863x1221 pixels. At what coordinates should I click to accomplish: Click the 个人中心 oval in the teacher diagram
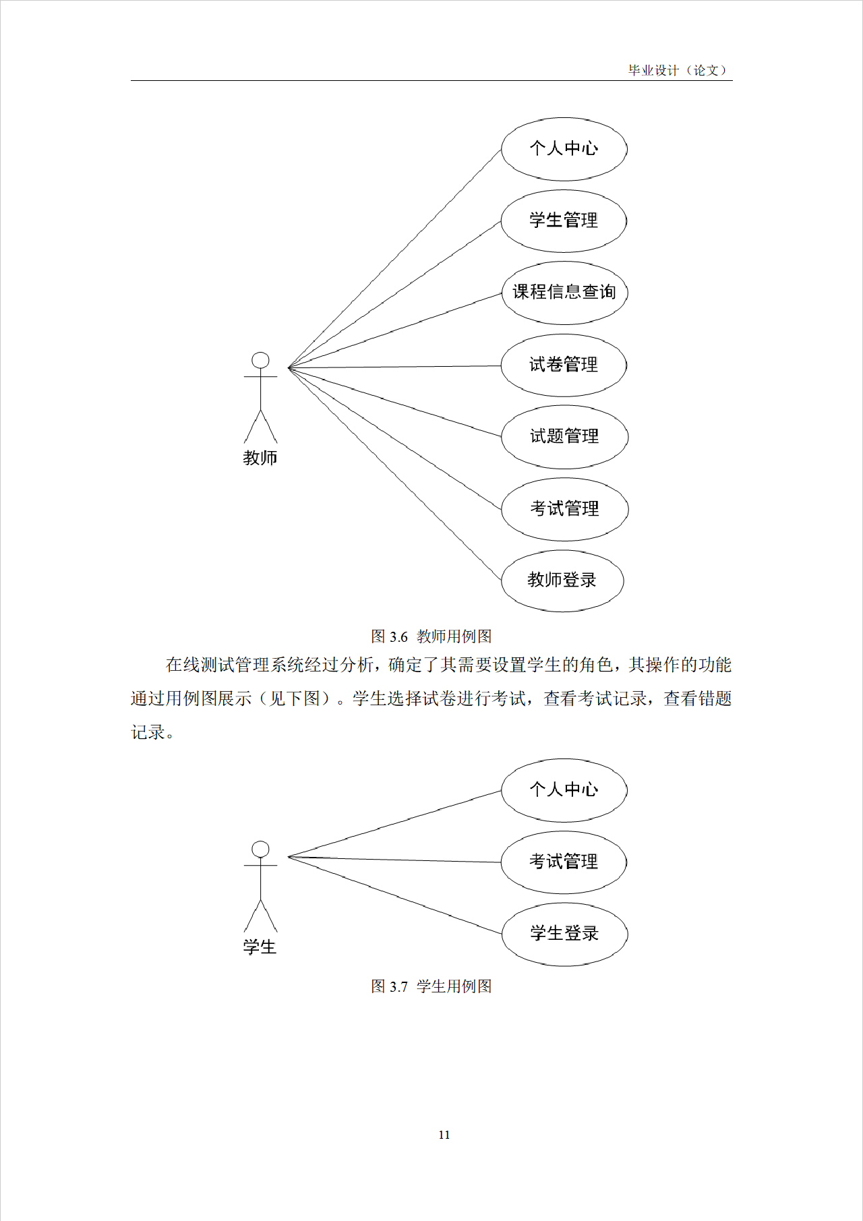564,149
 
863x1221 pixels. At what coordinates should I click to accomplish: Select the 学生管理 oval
564,221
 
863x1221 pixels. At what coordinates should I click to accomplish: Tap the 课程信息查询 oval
564,293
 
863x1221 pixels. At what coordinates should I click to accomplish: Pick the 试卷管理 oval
564,365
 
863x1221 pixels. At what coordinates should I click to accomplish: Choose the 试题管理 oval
564,437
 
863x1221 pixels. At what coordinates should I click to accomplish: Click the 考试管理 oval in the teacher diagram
564,509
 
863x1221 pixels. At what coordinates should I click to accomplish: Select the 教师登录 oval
562,580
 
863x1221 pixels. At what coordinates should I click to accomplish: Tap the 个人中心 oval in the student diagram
564,790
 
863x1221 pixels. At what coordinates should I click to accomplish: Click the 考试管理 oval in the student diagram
564,862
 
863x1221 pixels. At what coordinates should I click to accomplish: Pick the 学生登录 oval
564,934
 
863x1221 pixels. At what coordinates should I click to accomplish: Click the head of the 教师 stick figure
260,361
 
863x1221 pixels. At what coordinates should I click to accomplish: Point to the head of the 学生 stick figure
260,850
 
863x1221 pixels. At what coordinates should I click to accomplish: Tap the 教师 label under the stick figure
260,458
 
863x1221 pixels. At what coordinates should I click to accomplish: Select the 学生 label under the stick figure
260,947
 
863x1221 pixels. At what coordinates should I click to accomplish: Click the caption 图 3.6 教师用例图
431,636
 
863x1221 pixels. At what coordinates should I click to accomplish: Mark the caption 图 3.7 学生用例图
431,986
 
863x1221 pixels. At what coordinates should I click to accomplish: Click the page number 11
444,1135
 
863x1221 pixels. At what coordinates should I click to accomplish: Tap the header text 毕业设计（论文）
678,70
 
